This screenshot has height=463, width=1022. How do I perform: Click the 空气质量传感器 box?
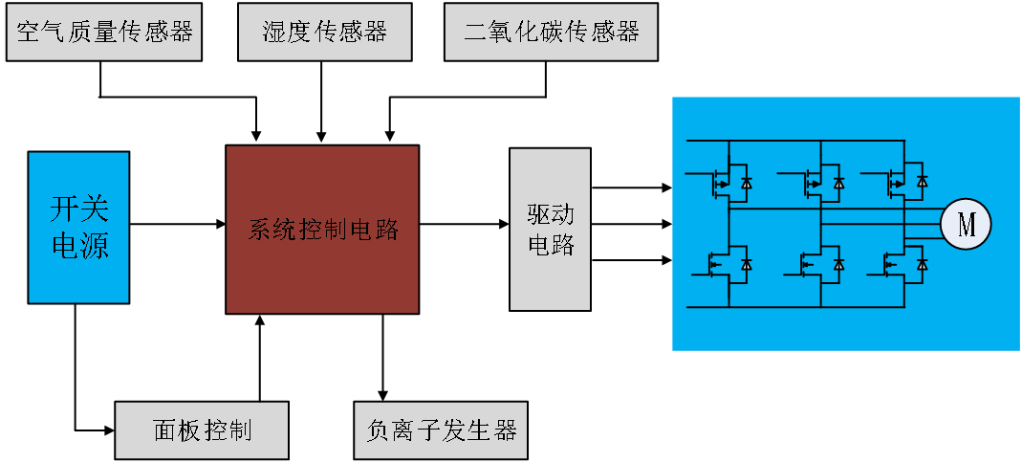coord(104,33)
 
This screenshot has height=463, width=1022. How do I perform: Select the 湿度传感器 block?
coord(325,33)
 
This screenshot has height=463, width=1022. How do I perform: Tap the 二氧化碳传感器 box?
coord(552,33)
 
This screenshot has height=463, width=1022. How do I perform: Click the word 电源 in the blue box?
coord(78,247)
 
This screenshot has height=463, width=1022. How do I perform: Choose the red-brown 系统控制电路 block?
coord(322,230)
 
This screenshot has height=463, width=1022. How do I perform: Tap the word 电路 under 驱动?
coord(551,245)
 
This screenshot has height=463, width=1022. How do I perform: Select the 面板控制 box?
coord(202,430)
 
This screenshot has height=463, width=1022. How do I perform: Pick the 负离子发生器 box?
coord(441,430)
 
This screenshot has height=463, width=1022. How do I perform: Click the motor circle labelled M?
coord(966,225)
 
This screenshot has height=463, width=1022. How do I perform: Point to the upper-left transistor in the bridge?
coord(719,181)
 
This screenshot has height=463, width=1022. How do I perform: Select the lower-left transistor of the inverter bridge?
coord(719,263)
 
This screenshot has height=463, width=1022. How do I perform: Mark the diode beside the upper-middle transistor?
coord(839,182)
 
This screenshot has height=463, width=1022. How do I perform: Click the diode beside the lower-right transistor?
coord(923,263)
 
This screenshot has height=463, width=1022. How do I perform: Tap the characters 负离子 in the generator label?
coord(403,430)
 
